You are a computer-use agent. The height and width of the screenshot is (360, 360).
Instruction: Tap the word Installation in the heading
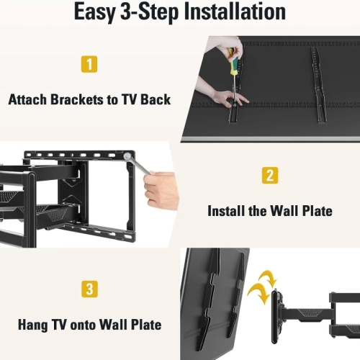click(x=229, y=12)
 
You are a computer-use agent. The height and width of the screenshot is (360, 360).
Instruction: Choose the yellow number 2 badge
click(x=269, y=175)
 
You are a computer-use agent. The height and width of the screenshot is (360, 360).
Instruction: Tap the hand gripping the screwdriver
click(x=233, y=45)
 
